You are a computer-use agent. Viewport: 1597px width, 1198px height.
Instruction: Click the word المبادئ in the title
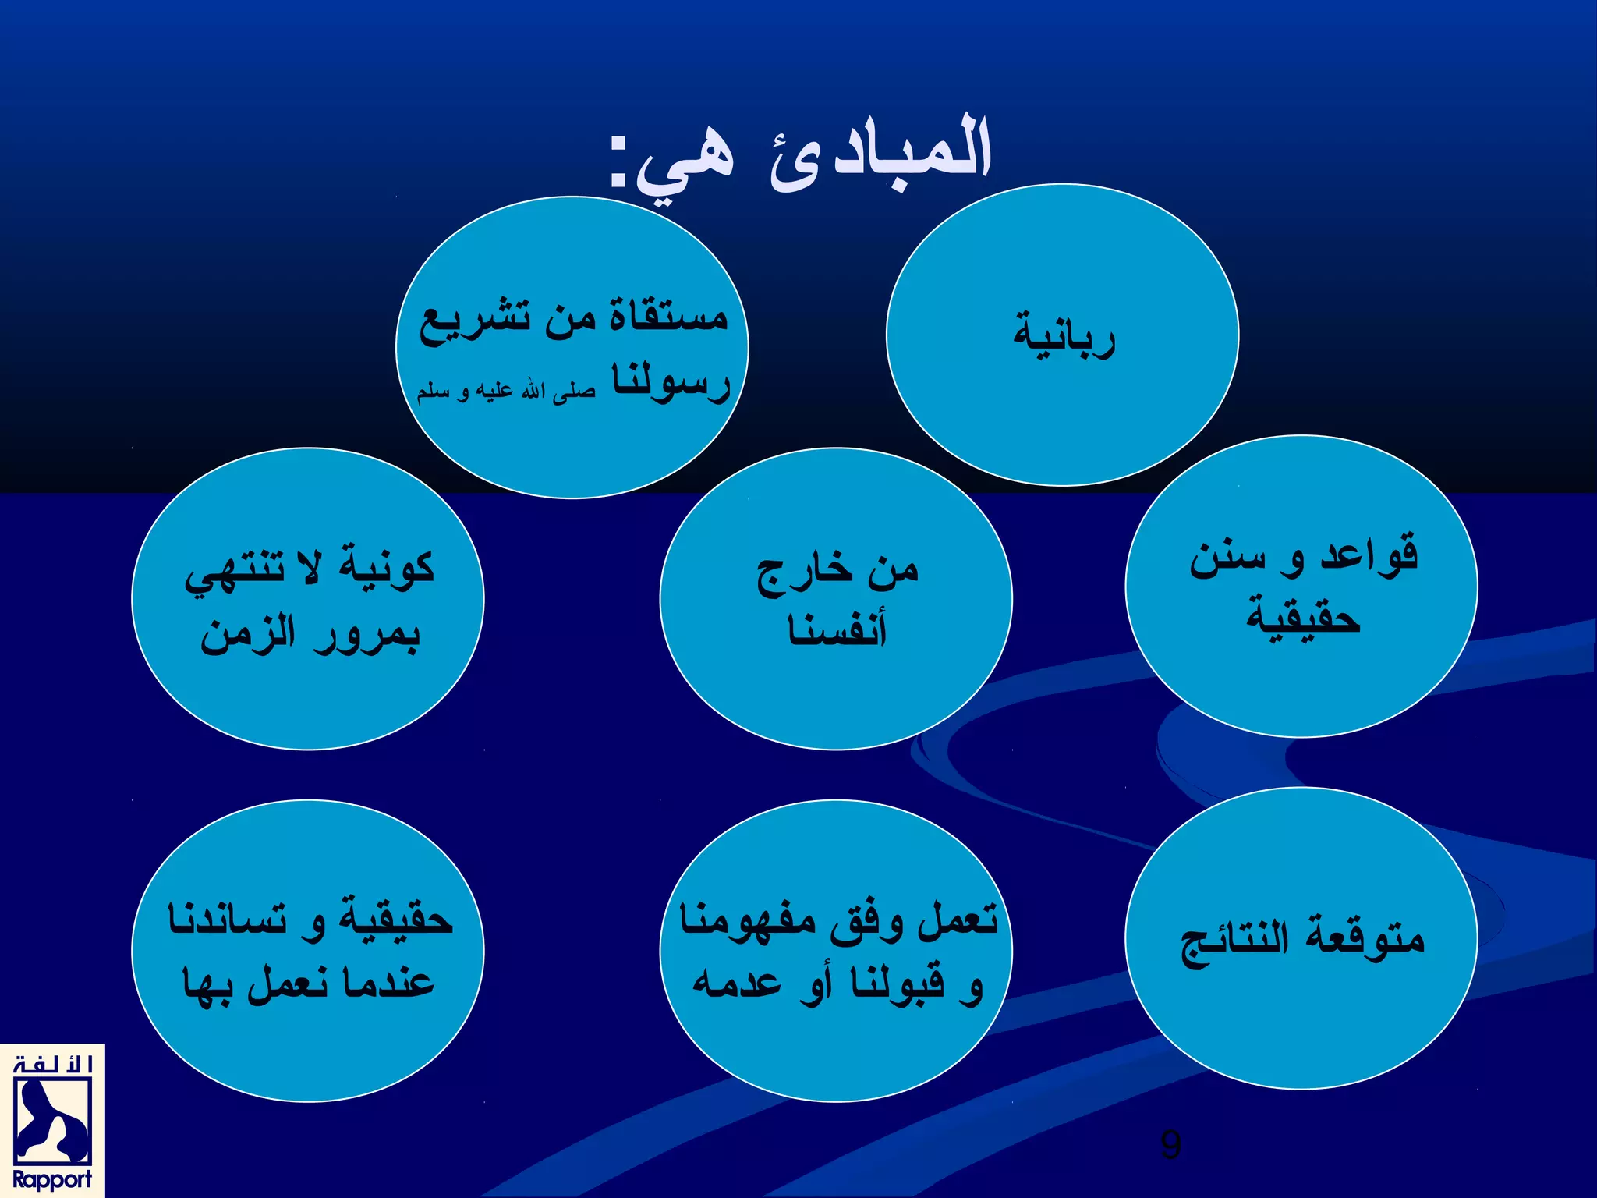click(x=881, y=156)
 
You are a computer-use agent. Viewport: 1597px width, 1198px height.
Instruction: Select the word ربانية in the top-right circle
click(x=1064, y=335)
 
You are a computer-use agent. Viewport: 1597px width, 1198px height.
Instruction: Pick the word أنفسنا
click(x=837, y=630)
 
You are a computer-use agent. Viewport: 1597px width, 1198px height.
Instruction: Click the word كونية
click(x=387, y=566)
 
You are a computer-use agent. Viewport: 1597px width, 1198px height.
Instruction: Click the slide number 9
click(x=1170, y=1144)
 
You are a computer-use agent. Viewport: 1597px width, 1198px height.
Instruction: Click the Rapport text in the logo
click(x=51, y=1179)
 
